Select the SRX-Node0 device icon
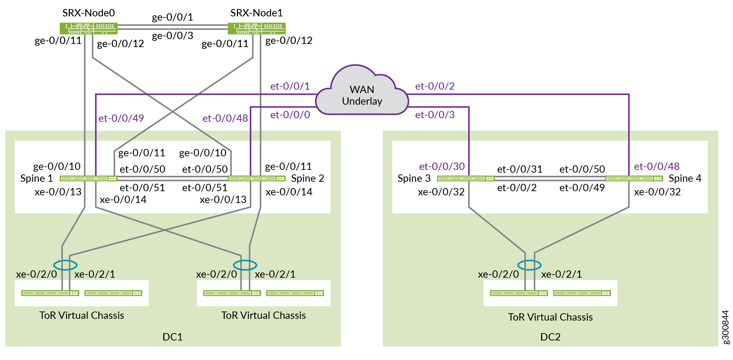[88, 28]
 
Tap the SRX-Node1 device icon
[256, 28]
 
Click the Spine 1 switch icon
[88, 179]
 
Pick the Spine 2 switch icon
[256, 179]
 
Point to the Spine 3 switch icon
[466, 179]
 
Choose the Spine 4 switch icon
[634, 179]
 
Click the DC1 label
[172, 337]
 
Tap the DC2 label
[550, 337]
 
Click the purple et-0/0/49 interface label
[121, 118]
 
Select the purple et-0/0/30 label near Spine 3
[442, 166]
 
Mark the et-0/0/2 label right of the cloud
[435, 86]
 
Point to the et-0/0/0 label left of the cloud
[290, 115]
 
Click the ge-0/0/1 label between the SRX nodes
[172, 17]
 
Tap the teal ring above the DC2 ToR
[529, 265]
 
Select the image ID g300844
[725, 327]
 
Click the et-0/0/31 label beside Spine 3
[519, 169]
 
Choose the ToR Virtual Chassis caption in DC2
[550, 317]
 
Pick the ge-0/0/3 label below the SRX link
[172, 36]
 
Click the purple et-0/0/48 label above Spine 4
[657, 166]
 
